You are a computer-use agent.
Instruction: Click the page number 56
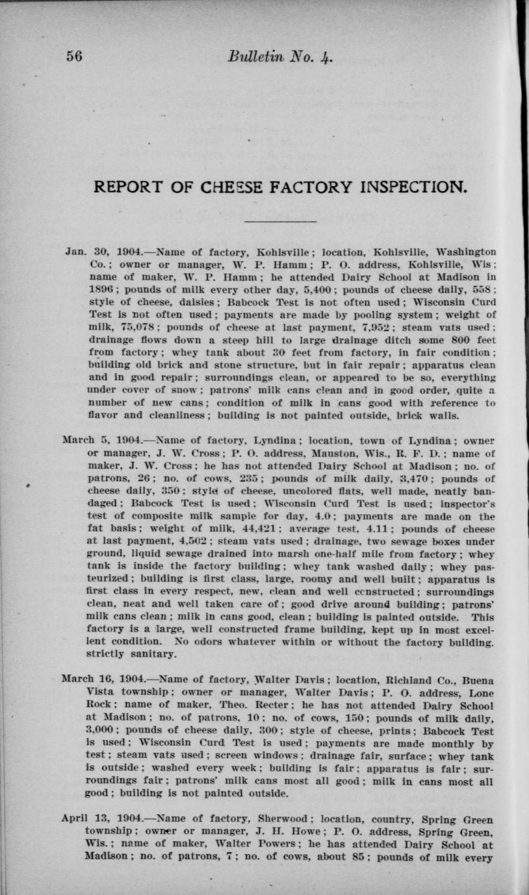tap(73, 56)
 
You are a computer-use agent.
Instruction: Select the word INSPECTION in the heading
tap(401, 188)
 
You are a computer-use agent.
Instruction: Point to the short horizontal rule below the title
tap(280, 222)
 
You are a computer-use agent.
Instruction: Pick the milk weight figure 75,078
tap(126, 327)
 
